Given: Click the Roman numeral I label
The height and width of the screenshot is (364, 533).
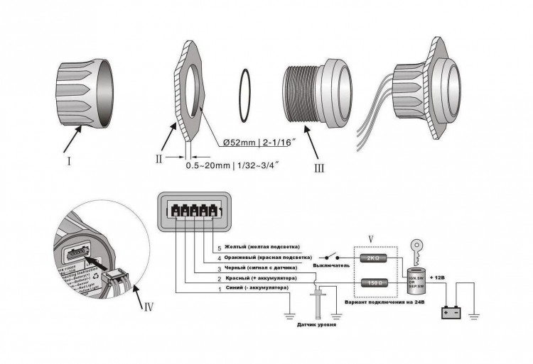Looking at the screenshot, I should pos(69,160).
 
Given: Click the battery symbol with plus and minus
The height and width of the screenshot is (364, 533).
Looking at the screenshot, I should pos(452,311).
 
